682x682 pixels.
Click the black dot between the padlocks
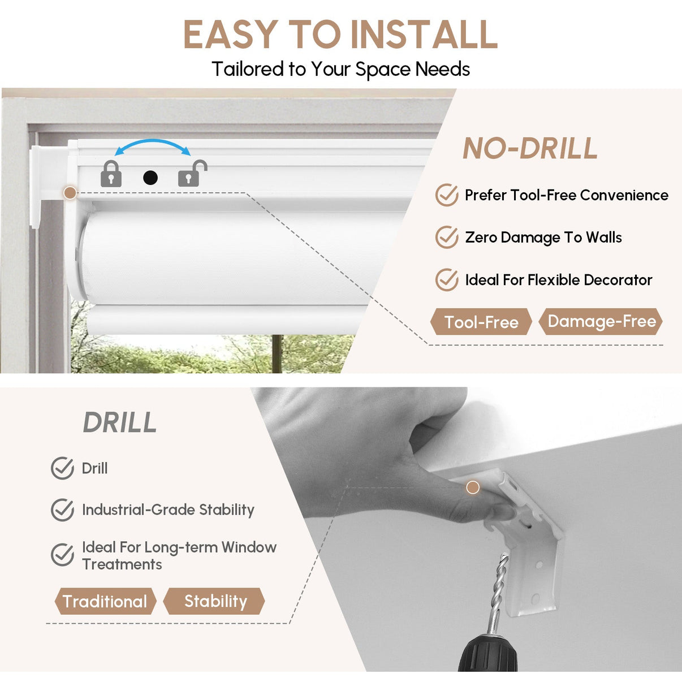click(x=150, y=178)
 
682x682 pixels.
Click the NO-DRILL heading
click(x=530, y=148)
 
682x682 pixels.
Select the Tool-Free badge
click(x=481, y=322)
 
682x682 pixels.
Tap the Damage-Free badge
click(x=601, y=321)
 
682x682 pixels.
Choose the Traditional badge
click(x=105, y=601)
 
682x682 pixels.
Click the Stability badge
click(x=214, y=601)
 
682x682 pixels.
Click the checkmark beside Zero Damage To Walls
click(x=447, y=237)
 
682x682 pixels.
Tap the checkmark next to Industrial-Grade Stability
click(x=62, y=510)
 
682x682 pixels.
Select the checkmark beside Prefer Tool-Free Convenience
click(x=447, y=195)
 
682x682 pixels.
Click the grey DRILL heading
click(x=120, y=422)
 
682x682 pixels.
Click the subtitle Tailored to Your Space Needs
click(x=341, y=68)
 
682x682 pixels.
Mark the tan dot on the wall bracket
click(x=473, y=487)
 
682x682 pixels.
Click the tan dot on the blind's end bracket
click(x=70, y=193)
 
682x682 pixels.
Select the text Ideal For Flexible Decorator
click(x=559, y=280)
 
